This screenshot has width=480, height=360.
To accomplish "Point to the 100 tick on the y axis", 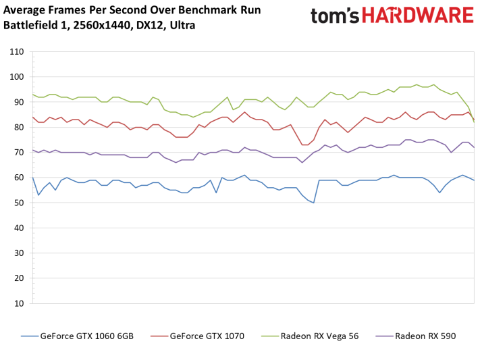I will pos(16,77).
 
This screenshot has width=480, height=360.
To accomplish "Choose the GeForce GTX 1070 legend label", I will pos(207,336).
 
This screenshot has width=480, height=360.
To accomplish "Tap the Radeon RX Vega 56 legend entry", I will pos(319,336).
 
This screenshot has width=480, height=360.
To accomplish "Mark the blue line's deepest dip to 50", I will pos(313,203).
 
